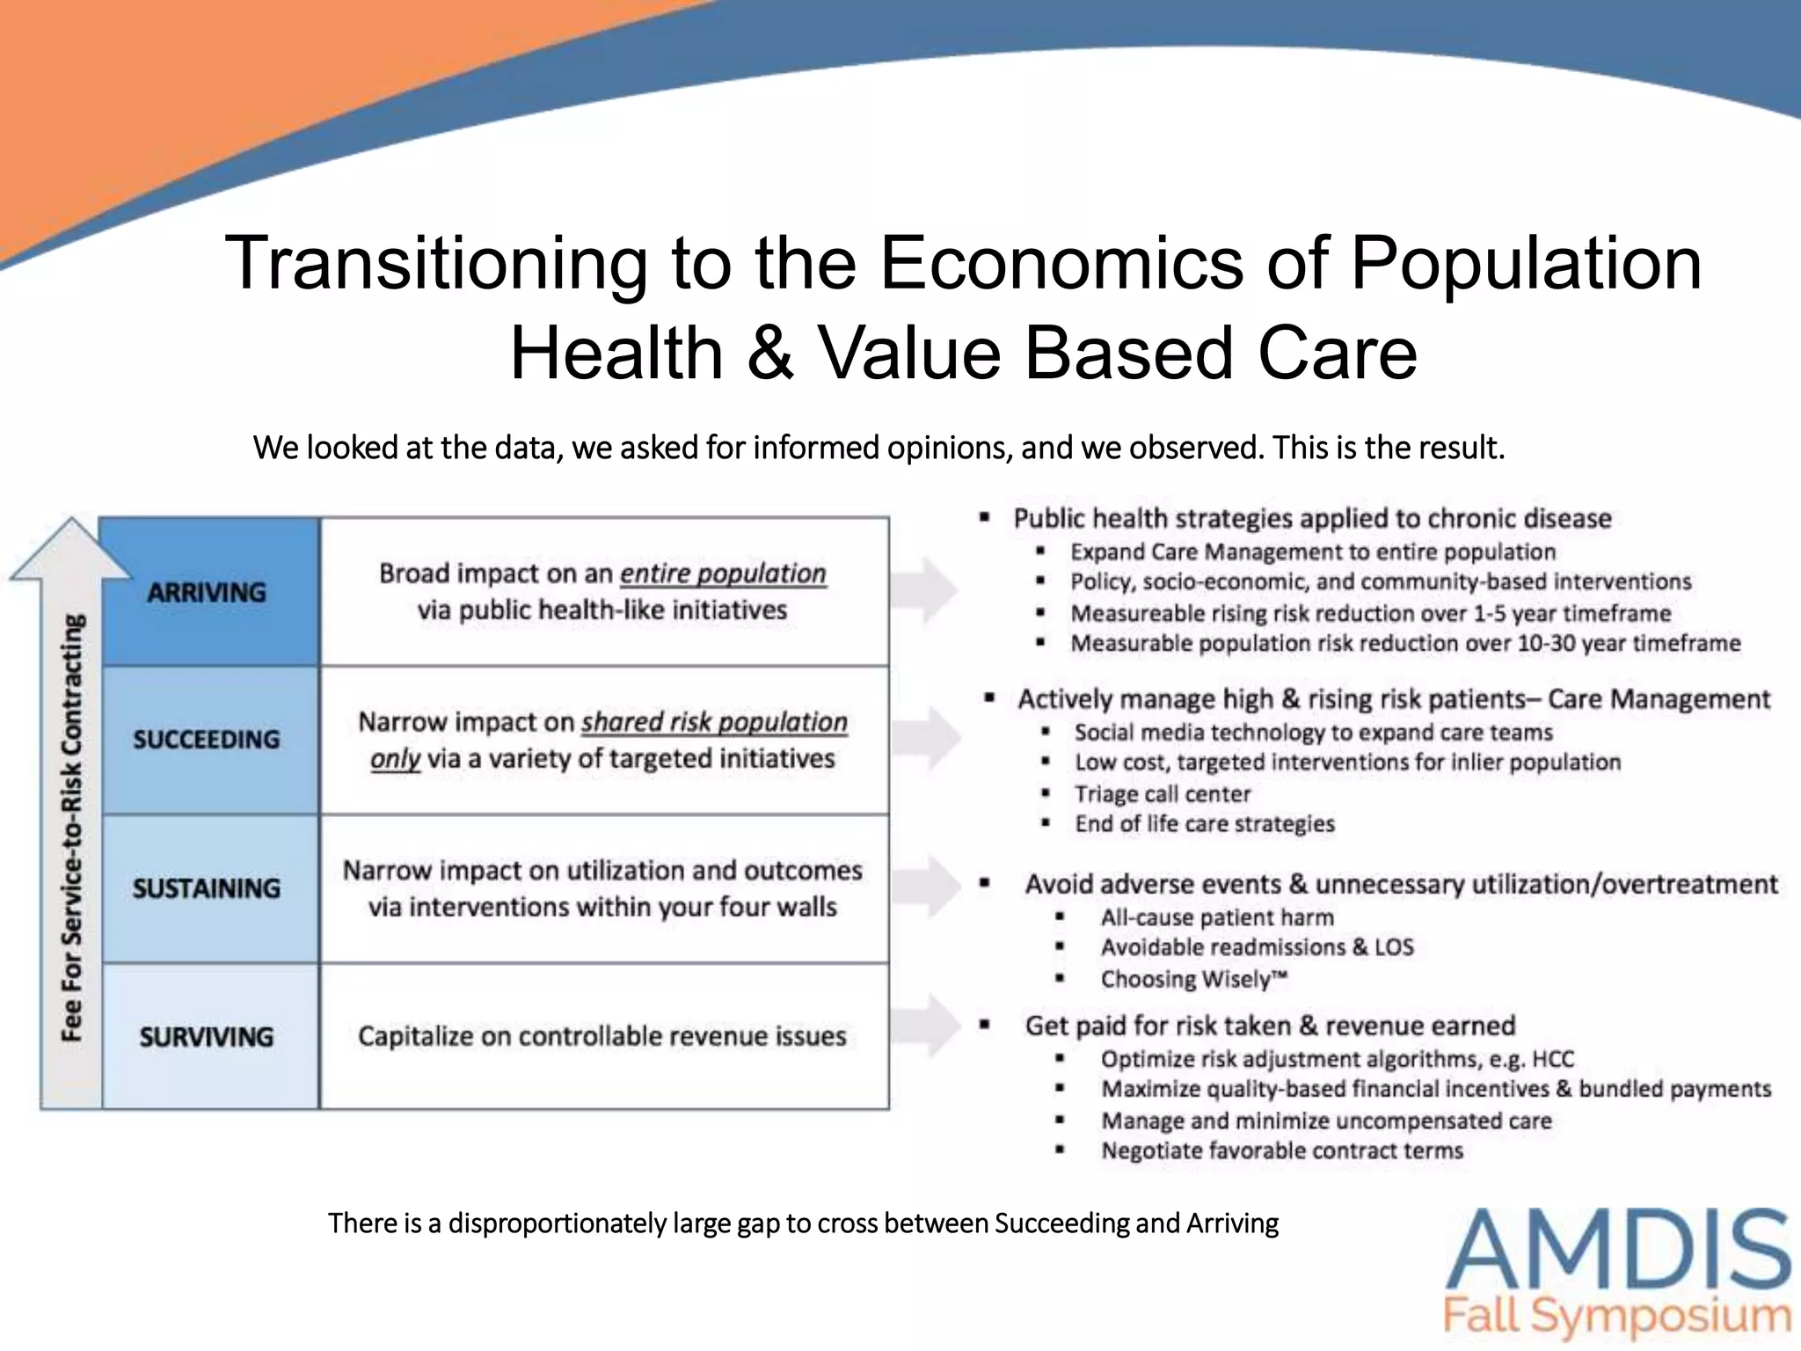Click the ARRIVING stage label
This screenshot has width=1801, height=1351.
coord(207,592)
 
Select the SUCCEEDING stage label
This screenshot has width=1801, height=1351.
coord(207,740)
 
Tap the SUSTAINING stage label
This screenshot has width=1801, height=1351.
coord(207,888)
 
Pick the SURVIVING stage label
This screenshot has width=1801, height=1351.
coord(207,1037)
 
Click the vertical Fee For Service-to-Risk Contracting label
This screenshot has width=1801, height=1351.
coord(72,827)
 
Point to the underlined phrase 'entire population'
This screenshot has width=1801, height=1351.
coord(723,573)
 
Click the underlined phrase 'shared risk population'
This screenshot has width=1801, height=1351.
coord(714,722)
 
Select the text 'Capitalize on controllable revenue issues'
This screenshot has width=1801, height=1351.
coord(602,1036)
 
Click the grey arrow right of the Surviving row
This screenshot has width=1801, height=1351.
coord(928,1025)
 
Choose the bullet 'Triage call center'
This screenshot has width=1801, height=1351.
coord(1162,794)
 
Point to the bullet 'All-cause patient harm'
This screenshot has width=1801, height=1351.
coord(1217,917)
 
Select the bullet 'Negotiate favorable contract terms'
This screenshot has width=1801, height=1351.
coord(1282,1150)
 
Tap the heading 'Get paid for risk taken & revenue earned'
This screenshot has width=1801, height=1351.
coord(1270,1026)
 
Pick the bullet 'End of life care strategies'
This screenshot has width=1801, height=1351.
coord(1205,824)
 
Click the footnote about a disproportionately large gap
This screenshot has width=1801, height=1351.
coord(803,1223)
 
